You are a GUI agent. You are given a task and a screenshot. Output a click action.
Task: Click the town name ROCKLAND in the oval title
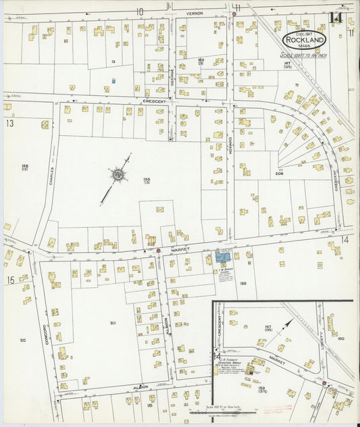pos(305,39)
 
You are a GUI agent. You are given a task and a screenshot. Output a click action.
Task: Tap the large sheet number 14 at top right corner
pos(336,18)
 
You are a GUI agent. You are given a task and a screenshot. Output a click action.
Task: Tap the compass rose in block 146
pos(118,176)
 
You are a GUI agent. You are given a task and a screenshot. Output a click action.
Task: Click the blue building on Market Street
pos(223,256)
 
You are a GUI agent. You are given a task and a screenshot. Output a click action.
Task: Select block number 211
pos(113,323)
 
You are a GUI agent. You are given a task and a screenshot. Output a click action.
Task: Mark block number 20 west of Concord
pos(22,340)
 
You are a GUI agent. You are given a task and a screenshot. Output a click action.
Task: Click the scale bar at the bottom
pos(223,410)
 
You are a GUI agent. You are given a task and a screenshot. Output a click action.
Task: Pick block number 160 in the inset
pos(340,338)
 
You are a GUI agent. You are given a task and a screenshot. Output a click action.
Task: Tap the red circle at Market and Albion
pos(158,251)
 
